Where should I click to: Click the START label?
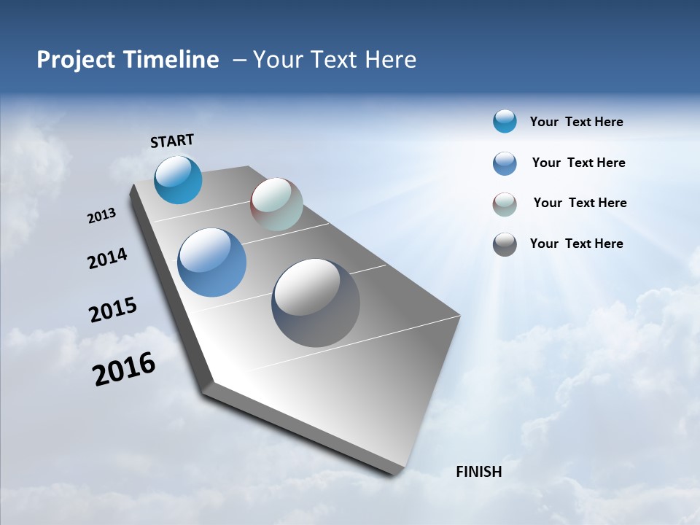[172, 141]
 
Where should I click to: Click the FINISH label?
[478, 472]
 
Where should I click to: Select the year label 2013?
[101, 216]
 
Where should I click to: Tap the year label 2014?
[107, 258]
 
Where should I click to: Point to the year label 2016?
[124, 369]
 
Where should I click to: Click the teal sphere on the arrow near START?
[178, 179]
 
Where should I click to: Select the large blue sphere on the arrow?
[212, 262]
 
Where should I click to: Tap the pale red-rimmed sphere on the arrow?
[276, 204]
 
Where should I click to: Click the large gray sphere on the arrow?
[316, 303]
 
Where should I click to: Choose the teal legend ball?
[505, 121]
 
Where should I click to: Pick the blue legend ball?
[505, 163]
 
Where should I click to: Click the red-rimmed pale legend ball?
[505, 204]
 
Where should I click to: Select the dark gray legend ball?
[505, 244]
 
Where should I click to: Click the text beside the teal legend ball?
[576, 122]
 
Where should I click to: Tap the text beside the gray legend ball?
[576, 244]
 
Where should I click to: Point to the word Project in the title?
[77, 60]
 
